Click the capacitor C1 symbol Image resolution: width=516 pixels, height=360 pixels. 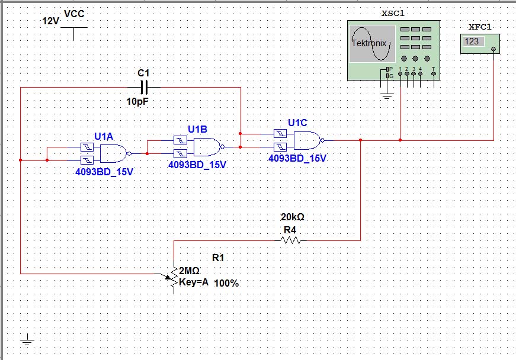tap(143, 88)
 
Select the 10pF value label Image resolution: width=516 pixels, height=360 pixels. tap(137, 102)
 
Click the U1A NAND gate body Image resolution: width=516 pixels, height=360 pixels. tap(113, 154)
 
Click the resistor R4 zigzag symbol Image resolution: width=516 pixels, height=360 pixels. tap(291, 240)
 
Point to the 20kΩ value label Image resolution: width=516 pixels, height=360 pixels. tap(293, 217)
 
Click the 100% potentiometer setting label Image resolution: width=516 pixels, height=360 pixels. tap(226, 284)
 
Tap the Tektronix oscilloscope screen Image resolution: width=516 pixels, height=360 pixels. tap(371, 43)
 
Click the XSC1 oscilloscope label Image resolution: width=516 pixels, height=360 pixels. tap(393, 13)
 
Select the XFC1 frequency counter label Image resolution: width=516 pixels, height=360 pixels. tap(480, 27)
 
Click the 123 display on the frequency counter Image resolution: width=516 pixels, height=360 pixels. tap(473, 41)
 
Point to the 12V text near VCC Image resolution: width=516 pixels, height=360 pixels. tap(50, 21)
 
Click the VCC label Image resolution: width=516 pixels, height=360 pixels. tap(74, 14)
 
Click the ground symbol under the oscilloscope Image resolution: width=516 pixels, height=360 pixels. tap(387, 95)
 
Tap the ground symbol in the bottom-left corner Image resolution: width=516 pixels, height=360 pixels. tap(27, 340)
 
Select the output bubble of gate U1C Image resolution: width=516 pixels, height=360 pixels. tap(323, 140)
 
